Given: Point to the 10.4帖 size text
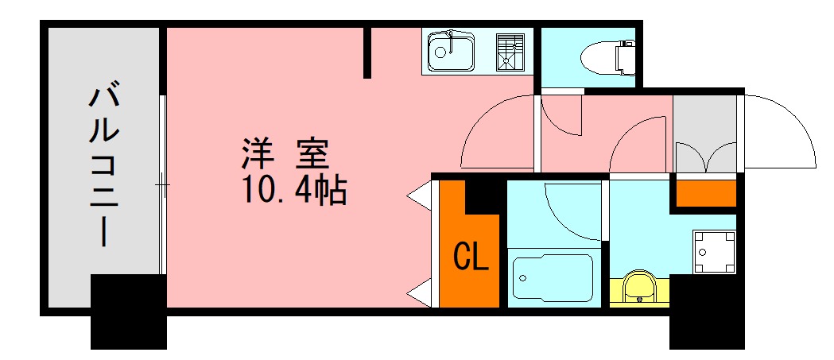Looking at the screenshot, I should point(294,191).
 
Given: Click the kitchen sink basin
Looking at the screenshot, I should point(451,53).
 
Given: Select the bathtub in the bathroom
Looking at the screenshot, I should point(552,277).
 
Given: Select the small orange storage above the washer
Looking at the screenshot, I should point(705,193).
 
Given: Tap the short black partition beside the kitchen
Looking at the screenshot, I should point(367,52).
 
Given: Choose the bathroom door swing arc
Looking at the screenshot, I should point(572,211).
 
